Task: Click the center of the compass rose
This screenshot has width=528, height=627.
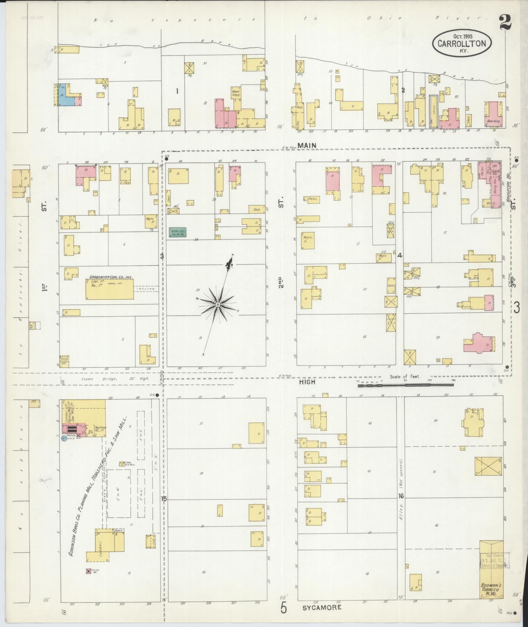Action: [x=217, y=305]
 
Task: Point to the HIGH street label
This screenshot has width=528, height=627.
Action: [x=307, y=382]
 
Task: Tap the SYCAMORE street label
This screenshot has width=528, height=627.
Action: [x=322, y=607]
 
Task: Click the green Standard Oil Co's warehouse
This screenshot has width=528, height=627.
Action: [x=177, y=232]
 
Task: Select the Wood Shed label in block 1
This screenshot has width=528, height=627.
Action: [x=235, y=93]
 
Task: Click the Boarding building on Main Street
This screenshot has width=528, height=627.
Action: [x=493, y=115]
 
